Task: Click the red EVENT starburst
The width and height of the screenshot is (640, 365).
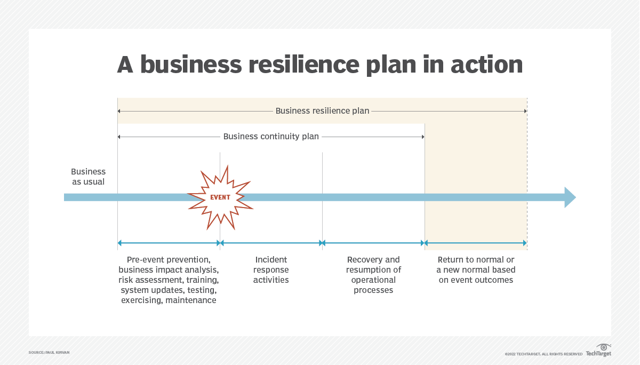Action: point(220,197)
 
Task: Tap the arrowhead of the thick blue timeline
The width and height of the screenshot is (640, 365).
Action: point(570,197)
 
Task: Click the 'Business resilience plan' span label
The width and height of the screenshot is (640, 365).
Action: point(322,111)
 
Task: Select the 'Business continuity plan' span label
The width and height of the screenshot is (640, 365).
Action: point(271,137)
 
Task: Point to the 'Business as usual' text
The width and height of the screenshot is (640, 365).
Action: point(89,177)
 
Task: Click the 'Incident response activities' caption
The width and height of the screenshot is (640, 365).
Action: point(271,269)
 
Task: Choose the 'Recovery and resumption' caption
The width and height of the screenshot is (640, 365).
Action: point(373,275)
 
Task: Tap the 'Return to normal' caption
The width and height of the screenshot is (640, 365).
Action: point(476,269)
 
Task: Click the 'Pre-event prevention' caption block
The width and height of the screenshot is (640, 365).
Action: point(169,280)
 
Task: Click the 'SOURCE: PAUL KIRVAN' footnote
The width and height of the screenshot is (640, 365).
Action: point(49,353)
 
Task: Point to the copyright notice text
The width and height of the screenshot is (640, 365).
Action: point(543,354)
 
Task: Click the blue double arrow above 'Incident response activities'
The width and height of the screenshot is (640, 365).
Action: point(271,243)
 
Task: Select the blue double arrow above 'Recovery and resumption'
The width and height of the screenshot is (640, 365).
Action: point(373,243)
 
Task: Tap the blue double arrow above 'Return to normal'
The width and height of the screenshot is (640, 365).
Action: point(476,243)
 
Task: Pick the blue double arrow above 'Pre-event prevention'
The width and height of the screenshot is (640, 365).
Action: point(169,243)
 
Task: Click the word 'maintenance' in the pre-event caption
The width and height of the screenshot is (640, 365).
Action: point(190,300)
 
